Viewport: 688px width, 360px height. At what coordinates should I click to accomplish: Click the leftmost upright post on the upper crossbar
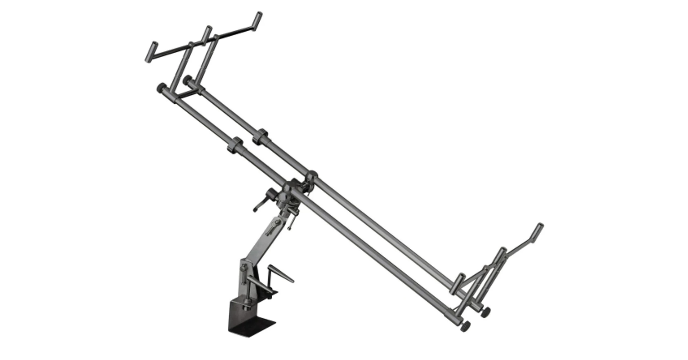151,51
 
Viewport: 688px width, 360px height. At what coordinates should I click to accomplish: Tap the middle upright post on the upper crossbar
206,33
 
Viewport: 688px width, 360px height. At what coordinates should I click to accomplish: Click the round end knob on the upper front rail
161,87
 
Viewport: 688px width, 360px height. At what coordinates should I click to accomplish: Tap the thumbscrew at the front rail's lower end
466,327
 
